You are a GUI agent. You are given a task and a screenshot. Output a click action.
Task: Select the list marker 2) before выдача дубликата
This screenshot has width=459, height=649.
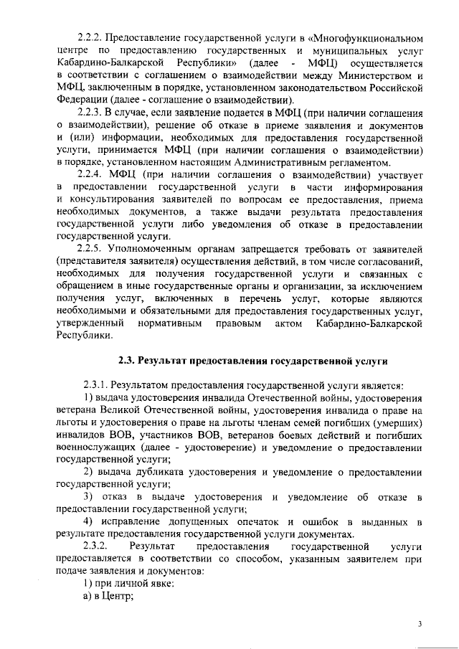pyautogui.click(x=88, y=471)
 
